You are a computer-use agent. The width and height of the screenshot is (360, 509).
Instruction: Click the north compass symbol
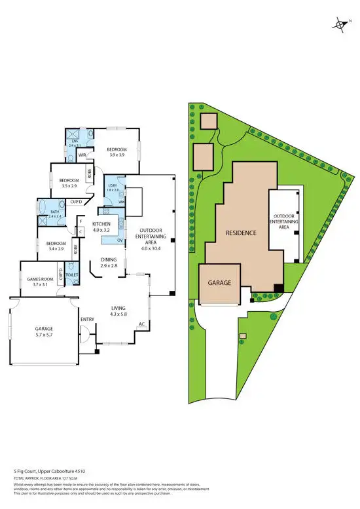(x=341, y=26)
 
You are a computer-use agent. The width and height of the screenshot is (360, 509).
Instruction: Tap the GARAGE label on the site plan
(x=220, y=282)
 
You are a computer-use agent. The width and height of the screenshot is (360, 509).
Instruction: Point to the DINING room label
(x=109, y=260)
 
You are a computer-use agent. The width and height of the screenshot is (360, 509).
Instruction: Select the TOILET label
(x=72, y=275)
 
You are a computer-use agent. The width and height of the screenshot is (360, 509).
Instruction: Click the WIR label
(x=82, y=155)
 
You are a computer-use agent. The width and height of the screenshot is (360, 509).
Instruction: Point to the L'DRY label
(x=112, y=185)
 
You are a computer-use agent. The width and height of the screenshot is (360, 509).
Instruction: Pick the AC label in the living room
(x=141, y=324)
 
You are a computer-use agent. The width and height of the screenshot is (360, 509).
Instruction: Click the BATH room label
(x=54, y=212)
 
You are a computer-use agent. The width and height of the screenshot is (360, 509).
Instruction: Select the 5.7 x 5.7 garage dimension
(x=48, y=335)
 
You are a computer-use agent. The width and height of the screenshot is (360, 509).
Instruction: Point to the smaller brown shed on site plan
(x=208, y=121)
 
